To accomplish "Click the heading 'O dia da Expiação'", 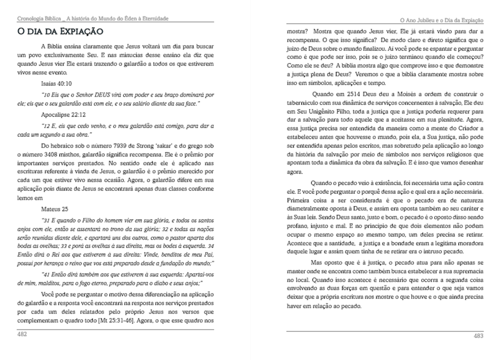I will click(x=60, y=31).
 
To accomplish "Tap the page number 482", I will click(x=22, y=334).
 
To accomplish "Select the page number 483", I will click(x=478, y=336).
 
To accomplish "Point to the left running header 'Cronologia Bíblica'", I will click(x=38, y=19).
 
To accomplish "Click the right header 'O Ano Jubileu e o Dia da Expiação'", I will click(x=442, y=20).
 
